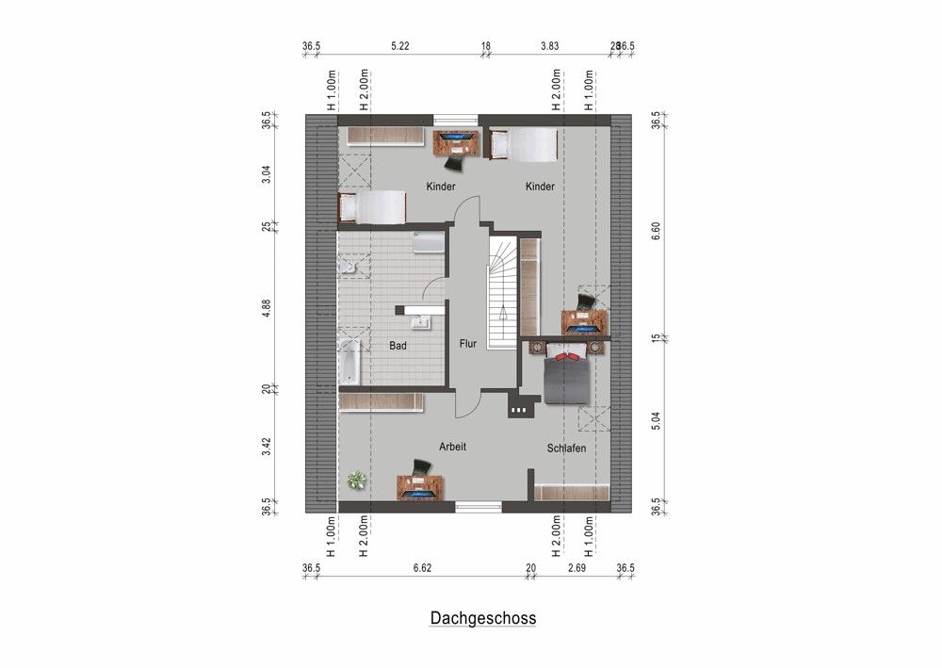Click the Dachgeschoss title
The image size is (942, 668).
tap(483, 618)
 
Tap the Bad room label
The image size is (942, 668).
tap(398, 346)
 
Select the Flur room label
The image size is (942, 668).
tap(468, 345)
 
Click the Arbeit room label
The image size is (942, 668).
tap(452, 447)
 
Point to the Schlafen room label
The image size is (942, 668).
tap(566, 448)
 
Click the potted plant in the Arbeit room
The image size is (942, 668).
tap(356, 480)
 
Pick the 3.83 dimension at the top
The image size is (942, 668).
tap(549, 45)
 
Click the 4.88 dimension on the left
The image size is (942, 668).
tap(268, 308)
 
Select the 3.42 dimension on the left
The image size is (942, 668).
tap(268, 446)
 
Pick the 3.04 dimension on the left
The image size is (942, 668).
tap(268, 174)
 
